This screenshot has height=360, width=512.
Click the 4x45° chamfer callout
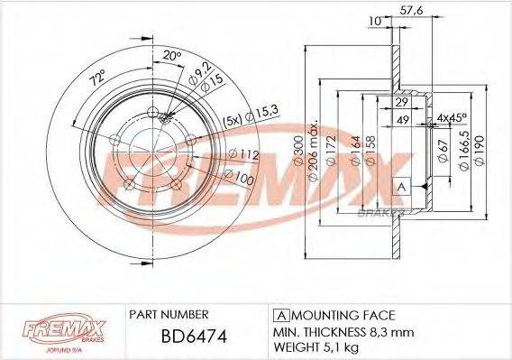453,118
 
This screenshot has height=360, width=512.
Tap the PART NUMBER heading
171,314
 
